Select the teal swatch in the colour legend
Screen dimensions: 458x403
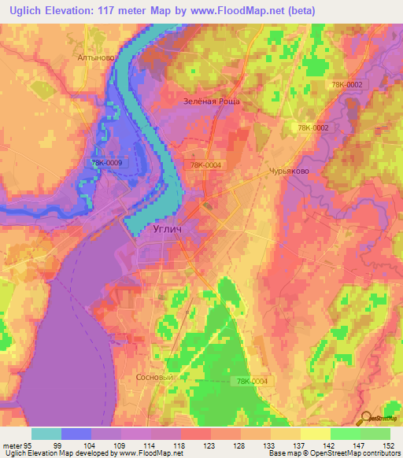(x=46, y=434)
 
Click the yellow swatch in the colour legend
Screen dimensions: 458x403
(x=315, y=434)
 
